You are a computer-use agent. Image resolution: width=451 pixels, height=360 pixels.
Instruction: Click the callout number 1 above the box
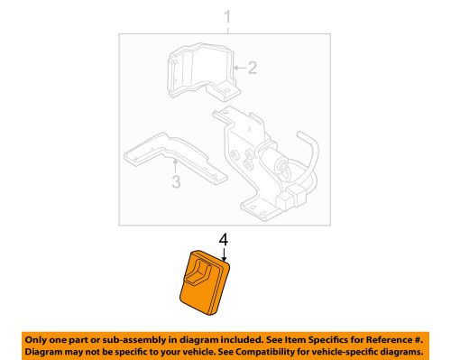point(227,17)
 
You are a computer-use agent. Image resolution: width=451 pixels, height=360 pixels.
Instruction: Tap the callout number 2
point(253,68)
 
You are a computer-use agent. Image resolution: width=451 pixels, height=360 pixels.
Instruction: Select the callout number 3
point(176,181)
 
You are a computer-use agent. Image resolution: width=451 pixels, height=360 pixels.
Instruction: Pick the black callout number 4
point(224,240)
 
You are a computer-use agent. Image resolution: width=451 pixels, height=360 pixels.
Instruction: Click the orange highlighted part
point(205,282)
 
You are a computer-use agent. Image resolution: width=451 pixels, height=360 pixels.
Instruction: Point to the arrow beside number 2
point(240,68)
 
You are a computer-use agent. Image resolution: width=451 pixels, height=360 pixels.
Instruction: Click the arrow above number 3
point(175,167)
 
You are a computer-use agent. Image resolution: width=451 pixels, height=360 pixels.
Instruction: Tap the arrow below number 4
point(224,254)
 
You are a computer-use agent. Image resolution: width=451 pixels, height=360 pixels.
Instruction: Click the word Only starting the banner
point(34,340)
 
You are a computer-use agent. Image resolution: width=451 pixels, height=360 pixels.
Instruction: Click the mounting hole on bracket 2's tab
point(227,90)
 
